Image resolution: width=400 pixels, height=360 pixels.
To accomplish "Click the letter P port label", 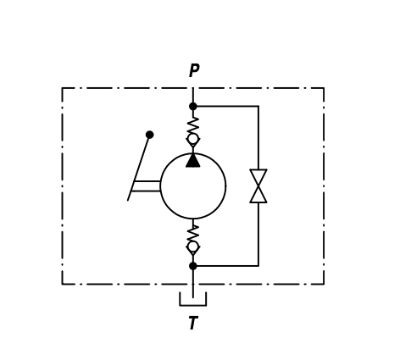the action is (194, 70).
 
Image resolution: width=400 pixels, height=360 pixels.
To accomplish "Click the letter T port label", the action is (193, 323).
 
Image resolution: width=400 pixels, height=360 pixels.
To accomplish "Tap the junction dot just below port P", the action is (193, 107).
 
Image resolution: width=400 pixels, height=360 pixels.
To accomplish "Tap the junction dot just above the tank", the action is (193, 266).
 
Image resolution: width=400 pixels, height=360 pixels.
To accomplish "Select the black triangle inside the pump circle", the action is (193, 160).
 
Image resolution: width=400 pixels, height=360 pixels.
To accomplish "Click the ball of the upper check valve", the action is (193, 139).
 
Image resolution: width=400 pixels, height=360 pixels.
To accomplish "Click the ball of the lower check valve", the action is (193, 246).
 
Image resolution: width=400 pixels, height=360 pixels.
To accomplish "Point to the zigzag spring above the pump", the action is (193, 126).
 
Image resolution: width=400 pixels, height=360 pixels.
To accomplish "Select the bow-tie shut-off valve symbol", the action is (258, 186).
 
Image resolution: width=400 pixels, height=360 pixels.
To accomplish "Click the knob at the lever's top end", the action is (150, 135).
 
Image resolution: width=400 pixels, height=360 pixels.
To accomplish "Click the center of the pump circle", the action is (193, 186).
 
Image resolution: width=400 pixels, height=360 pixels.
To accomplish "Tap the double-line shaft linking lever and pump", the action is (147, 186).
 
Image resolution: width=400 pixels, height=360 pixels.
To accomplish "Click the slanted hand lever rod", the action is (138, 169).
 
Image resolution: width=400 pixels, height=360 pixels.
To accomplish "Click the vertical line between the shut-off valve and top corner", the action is (258, 138).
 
